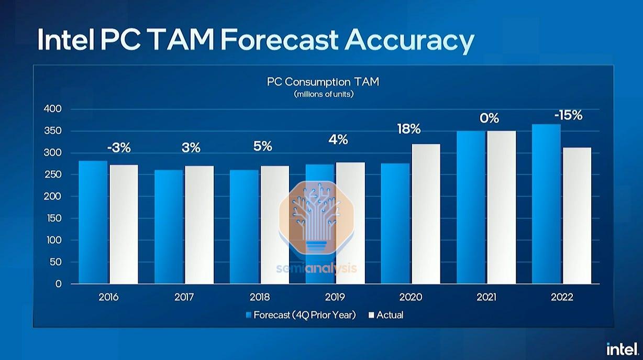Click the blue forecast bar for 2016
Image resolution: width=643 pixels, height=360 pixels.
pyautogui.click(x=93, y=222)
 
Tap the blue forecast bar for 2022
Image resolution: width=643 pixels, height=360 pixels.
pyautogui.click(x=546, y=204)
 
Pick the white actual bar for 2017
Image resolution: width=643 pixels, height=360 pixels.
pyautogui.click(x=199, y=225)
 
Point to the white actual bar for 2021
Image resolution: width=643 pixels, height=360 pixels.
pyautogui.click(x=502, y=207)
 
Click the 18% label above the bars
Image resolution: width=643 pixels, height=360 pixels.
pyautogui.click(x=408, y=129)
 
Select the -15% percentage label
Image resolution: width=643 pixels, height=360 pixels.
pyautogui.click(x=568, y=115)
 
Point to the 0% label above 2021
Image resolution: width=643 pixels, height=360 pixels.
pyautogui.click(x=489, y=118)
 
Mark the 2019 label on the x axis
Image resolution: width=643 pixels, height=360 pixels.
pyautogui.click(x=335, y=297)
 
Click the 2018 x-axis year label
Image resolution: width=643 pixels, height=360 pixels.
pyautogui.click(x=260, y=297)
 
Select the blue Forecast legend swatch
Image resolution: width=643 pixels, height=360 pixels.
pyautogui.click(x=249, y=315)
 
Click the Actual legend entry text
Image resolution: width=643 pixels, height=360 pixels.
pyautogui.click(x=390, y=315)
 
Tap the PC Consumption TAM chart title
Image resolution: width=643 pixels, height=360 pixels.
pyautogui.click(x=323, y=82)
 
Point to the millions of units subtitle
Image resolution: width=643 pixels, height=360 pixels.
pyautogui.click(x=323, y=94)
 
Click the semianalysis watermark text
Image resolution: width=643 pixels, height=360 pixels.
pyautogui.click(x=317, y=269)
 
